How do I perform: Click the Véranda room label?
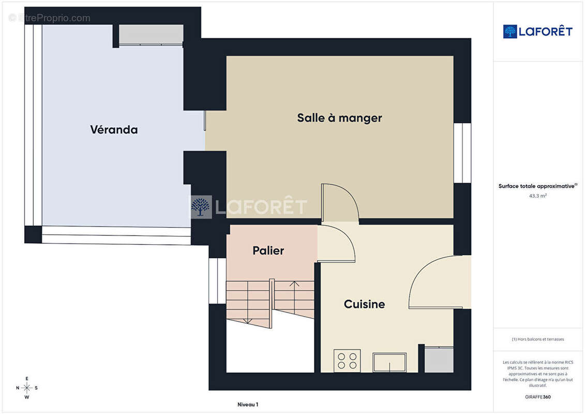coord(114,129)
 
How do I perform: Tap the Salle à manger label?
coord(339,118)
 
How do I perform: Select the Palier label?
coord(268,250)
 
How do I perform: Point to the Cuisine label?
coord(365,304)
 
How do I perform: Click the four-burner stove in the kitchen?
coord(347,361)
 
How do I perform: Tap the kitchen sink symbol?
coord(389,362)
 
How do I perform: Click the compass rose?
coord(27,388)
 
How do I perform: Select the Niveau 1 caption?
coord(248,404)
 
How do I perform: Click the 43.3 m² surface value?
coord(537,196)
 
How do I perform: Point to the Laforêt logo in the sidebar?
coord(537,32)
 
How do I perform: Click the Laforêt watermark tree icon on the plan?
coord(201,207)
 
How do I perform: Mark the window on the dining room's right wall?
coord(462,153)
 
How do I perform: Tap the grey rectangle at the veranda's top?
coord(151,34)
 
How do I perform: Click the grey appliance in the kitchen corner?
coord(439,360)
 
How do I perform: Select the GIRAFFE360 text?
coord(537,397)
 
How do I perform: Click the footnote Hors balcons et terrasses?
coord(537,339)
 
